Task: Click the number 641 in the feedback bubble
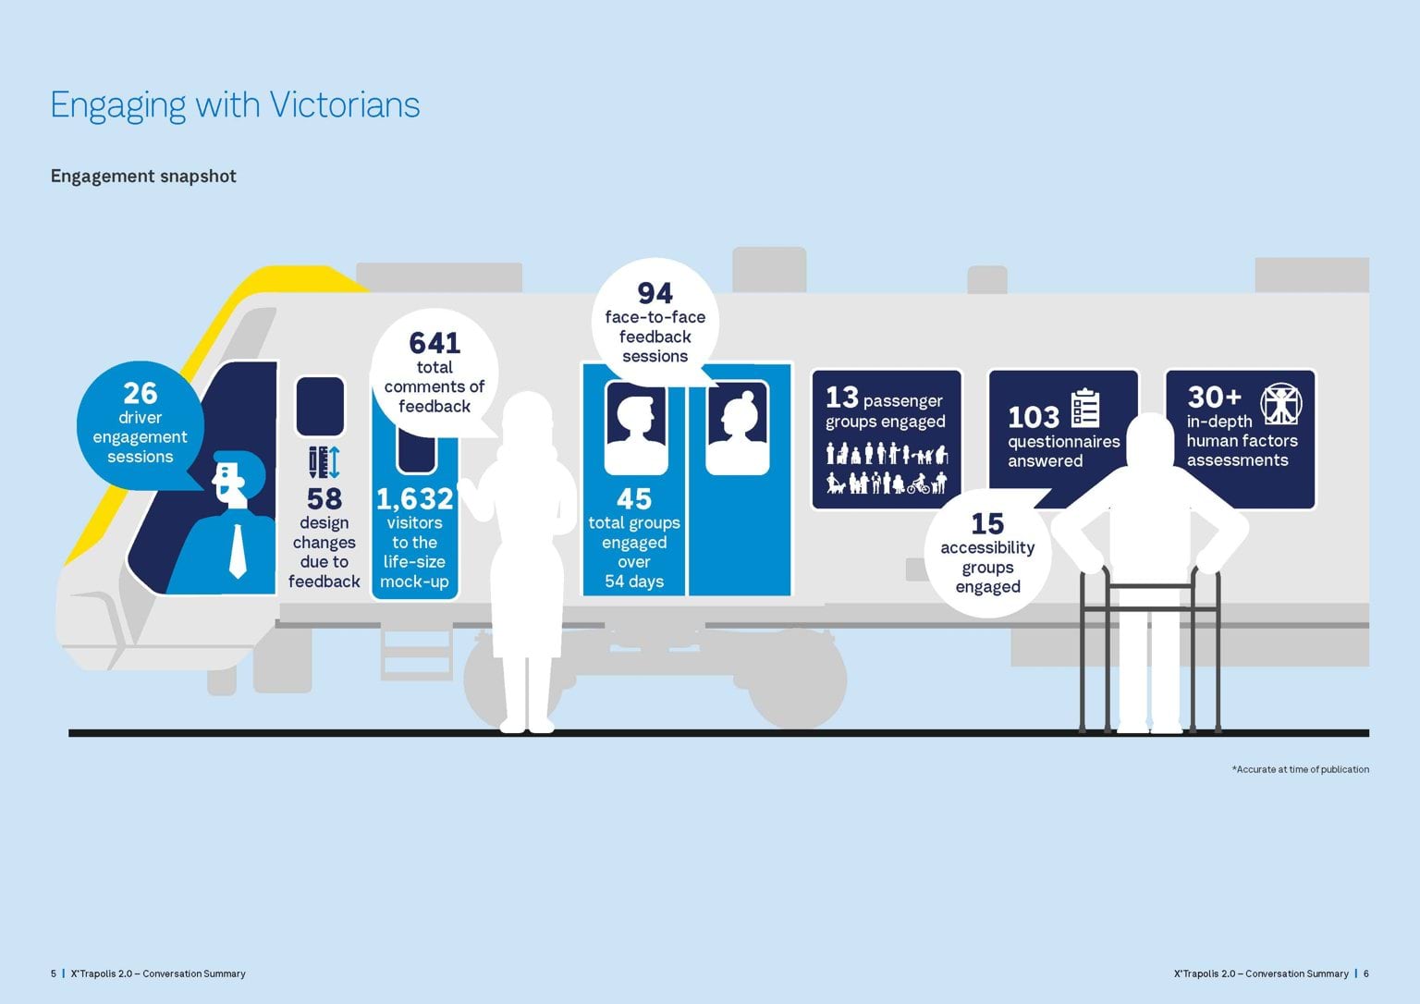(435, 343)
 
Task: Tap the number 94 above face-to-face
(655, 293)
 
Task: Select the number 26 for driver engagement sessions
(141, 394)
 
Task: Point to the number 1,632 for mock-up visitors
(414, 499)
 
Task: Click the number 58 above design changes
(324, 499)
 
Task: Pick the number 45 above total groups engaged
(634, 499)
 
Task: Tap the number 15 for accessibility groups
(987, 524)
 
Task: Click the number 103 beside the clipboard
(1034, 417)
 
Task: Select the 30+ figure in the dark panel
(1214, 398)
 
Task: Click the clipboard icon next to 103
(1084, 409)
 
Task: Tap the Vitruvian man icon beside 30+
(1280, 404)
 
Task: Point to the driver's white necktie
(238, 551)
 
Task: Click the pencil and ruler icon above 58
(324, 462)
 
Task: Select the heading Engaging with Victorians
(235, 104)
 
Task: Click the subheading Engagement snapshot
(143, 176)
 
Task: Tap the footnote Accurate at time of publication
(1303, 769)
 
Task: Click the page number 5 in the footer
(54, 973)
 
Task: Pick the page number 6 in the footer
(1366, 973)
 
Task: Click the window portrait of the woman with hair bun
(737, 428)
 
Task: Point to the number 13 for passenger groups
(842, 398)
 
